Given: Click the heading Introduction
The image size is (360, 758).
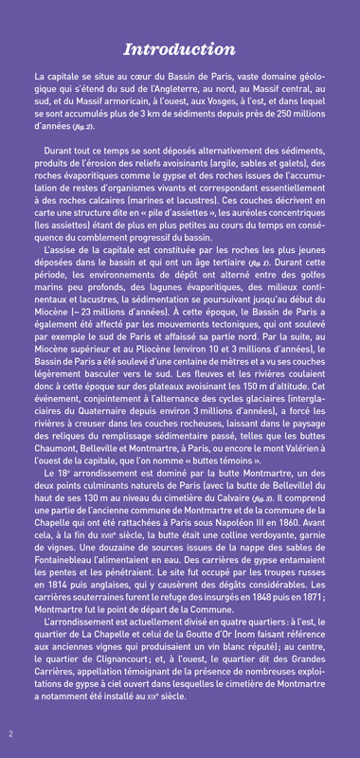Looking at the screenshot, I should point(180,49).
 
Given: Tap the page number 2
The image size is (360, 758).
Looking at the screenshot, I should point(10,733).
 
